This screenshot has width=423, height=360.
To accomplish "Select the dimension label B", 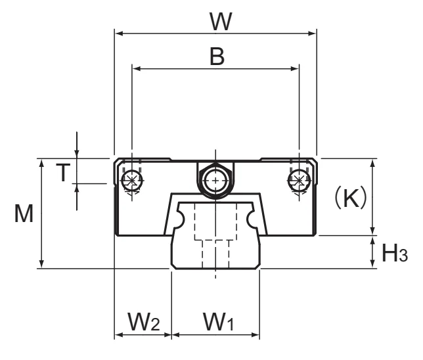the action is pyautogui.click(x=217, y=56).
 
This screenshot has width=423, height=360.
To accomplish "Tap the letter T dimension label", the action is pyautogui.click(x=63, y=172).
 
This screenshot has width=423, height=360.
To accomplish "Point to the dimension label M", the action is pyautogui.click(x=24, y=214).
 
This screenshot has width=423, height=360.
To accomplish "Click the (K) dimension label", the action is pyautogui.click(x=351, y=197).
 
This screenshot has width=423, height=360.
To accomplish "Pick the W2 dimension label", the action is pyautogui.click(x=144, y=322).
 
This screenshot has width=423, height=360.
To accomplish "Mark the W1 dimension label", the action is pyautogui.click(x=219, y=322).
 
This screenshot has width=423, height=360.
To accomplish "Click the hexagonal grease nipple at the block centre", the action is pyautogui.click(x=215, y=180).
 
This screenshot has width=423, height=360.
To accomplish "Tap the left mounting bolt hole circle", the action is pyautogui.click(x=131, y=180).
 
